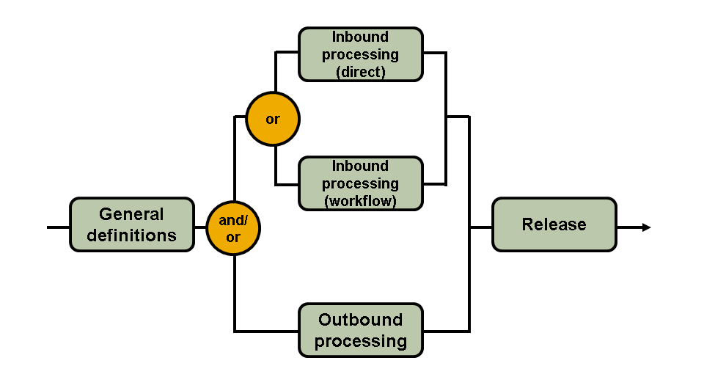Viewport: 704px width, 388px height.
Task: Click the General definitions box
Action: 132,224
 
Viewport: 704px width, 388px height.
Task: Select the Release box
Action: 554,224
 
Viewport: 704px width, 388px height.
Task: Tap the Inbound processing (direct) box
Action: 361,54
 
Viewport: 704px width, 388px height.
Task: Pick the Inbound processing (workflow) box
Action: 361,183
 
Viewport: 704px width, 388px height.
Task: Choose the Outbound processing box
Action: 361,330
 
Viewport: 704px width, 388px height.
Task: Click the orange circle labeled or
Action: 273,119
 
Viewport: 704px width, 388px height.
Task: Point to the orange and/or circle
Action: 233,228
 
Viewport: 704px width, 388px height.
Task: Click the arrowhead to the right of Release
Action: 646,227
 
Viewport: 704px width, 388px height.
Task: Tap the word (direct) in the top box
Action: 361,72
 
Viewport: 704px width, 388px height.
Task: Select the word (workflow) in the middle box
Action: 361,201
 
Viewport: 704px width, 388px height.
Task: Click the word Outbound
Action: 361,320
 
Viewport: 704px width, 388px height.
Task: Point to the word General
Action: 132,214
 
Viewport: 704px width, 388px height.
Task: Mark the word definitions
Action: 132,235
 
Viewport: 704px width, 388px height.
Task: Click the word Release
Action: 554,224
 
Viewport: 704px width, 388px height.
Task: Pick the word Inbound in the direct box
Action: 361,37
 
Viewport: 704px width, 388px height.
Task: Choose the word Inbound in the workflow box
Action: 361,166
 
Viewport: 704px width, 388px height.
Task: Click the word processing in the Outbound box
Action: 361,341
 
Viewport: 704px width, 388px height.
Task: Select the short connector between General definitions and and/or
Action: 200,227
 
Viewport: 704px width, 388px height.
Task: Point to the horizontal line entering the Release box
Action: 480,227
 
